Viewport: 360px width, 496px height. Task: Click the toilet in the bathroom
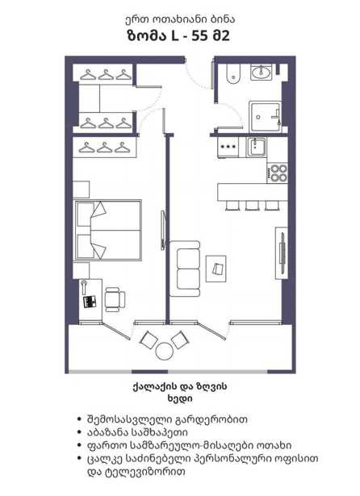tap(233, 74)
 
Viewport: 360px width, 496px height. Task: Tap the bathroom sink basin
tap(261, 72)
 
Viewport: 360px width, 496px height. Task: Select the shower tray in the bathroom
tap(265, 117)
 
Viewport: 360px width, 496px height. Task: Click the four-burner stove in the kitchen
tap(278, 173)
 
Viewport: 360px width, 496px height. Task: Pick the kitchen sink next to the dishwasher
tap(257, 147)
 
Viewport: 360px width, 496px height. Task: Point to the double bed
tap(107, 230)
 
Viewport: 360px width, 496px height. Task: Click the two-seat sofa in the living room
tap(185, 269)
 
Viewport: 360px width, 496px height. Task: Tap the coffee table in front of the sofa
tap(216, 269)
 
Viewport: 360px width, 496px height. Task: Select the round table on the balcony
tap(165, 351)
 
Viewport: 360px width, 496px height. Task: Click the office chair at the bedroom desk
tap(115, 299)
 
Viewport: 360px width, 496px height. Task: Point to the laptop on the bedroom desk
tap(90, 302)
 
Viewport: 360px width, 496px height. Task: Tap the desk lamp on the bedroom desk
tap(84, 286)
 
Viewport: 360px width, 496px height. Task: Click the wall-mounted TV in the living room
tap(282, 252)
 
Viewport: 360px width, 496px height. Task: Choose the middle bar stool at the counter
tap(252, 206)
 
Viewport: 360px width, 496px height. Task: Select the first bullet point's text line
tap(167, 419)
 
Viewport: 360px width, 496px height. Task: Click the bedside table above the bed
tap(81, 190)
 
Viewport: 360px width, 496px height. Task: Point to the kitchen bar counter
tap(253, 192)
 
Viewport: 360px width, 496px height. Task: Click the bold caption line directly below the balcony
tap(180, 386)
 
